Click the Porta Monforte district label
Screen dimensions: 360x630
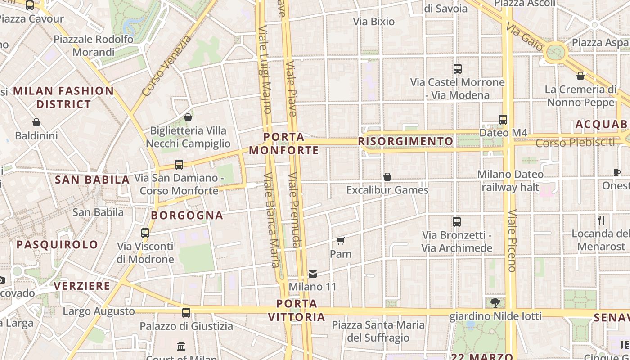[284, 144]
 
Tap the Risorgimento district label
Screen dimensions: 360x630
[405, 141]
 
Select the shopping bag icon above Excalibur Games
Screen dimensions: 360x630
[387, 177]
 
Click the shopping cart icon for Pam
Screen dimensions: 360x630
[341, 241]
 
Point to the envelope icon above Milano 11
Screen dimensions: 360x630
[313, 274]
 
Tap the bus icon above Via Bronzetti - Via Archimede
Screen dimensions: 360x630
[457, 222]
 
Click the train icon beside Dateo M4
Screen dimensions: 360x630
[503, 120]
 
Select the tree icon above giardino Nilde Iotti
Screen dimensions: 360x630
[495, 302]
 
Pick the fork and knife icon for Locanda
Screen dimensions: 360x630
[601, 220]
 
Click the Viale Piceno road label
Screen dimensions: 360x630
[512, 241]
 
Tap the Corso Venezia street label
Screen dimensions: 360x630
[166, 66]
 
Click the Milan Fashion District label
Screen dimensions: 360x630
[63, 97]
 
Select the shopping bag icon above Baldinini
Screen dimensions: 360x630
[36, 122]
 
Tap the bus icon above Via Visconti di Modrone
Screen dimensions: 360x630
[145, 233]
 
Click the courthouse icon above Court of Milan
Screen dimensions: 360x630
[181, 346]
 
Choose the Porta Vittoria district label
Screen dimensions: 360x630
[297, 310]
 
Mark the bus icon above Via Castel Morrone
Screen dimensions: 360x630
[458, 69]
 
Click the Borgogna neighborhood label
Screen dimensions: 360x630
[187, 215]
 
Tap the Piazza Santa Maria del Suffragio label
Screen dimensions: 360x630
[378, 331]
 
